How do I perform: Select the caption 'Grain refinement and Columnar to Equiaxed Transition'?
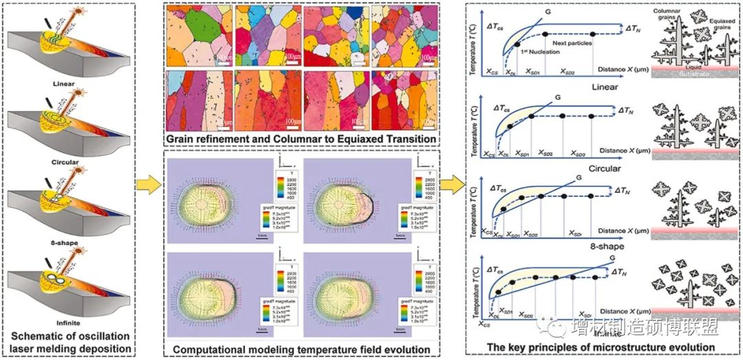click(x=302, y=139)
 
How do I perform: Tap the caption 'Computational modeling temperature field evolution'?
click(x=302, y=350)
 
